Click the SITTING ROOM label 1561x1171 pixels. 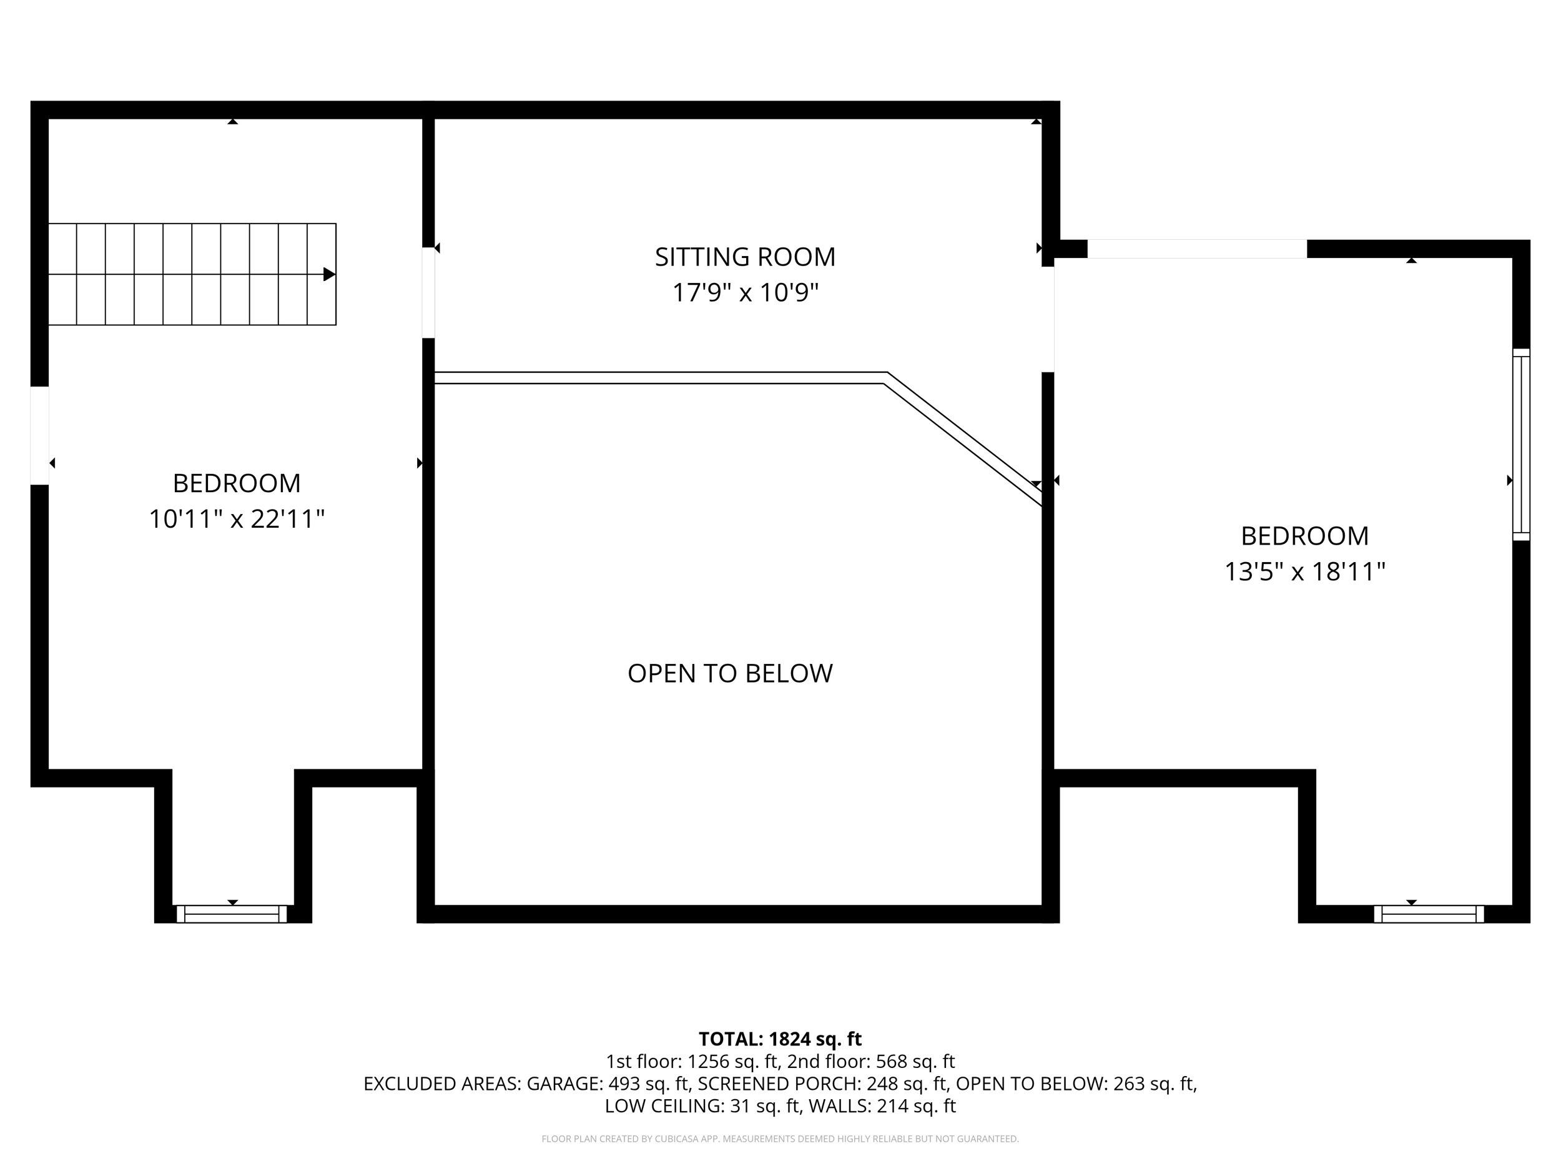(744, 257)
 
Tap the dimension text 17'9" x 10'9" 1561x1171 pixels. (744, 292)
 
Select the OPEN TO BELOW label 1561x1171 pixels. (730, 673)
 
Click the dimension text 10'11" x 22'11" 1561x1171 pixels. (237, 520)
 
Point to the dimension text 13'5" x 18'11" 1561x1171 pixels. (1304, 571)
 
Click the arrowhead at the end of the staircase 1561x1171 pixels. (329, 274)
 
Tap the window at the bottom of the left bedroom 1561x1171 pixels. (232, 914)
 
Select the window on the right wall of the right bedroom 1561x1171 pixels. (1521, 445)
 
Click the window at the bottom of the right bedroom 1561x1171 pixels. (1429, 914)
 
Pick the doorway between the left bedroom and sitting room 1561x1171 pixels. (428, 292)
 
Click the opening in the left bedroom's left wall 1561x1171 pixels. (39, 435)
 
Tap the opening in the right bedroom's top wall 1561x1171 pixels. (1196, 249)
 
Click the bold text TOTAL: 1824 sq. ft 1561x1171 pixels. (780, 1039)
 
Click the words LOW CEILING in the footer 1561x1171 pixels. (663, 1106)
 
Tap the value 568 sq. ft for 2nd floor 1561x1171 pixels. (915, 1062)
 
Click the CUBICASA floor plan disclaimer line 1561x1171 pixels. (780, 1139)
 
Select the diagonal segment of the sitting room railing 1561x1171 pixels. (963, 438)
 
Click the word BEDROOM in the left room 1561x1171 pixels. (237, 483)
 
